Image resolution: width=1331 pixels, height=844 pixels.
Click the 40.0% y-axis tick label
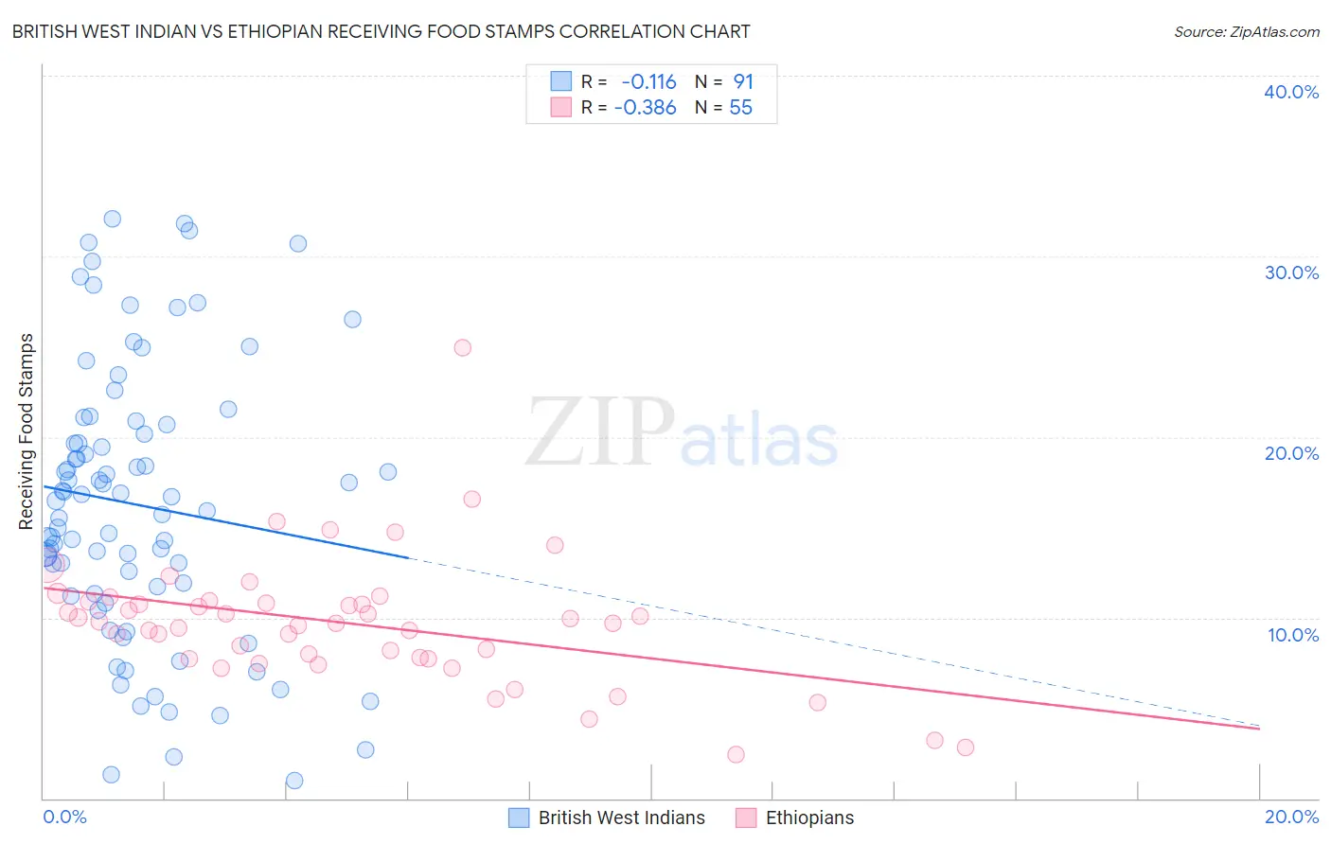[x=1290, y=92]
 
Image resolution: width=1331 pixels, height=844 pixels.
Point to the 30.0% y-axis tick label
[x=1290, y=273]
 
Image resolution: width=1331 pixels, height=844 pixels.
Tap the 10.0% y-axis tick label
[x=1292, y=635]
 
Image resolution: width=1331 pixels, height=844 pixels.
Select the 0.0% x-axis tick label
[x=64, y=818]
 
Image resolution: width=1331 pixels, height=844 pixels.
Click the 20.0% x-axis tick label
[x=1291, y=818]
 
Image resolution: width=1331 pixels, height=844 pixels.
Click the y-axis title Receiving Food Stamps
[x=27, y=431]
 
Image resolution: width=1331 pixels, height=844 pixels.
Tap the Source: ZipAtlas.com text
[x=1246, y=32]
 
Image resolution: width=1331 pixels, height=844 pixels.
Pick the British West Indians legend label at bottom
[x=621, y=818]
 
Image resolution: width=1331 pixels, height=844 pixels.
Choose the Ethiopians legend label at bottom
[x=809, y=818]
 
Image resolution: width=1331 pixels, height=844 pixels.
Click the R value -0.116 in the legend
[x=648, y=82]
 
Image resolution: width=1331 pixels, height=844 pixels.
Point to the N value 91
[x=743, y=82]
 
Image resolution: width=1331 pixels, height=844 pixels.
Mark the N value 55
[x=740, y=108]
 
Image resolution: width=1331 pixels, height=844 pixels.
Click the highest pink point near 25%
[x=462, y=347]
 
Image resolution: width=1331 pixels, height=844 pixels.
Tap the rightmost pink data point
[x=965, y=747]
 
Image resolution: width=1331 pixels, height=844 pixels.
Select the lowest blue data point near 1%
[x=294, y=781]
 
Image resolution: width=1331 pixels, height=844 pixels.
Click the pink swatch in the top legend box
[x=561, y=108]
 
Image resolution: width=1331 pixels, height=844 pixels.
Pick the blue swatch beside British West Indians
[x=519, y=818]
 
